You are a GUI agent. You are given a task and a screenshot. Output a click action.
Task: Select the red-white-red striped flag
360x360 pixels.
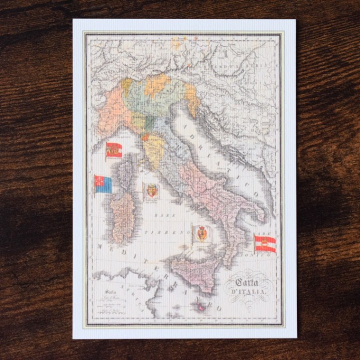[x=265, y=243]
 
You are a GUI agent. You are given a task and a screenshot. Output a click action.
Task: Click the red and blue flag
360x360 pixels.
[x=104, y=184]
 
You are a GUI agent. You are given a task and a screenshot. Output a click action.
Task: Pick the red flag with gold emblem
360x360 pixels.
[x=114, y=150]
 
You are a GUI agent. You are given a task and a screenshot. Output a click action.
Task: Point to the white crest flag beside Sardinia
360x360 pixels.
[x=151, y=190]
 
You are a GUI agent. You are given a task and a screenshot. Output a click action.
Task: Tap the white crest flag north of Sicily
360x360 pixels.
[x=201, y=233]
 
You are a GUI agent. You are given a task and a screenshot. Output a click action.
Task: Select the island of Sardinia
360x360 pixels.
[x=122, y=217]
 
